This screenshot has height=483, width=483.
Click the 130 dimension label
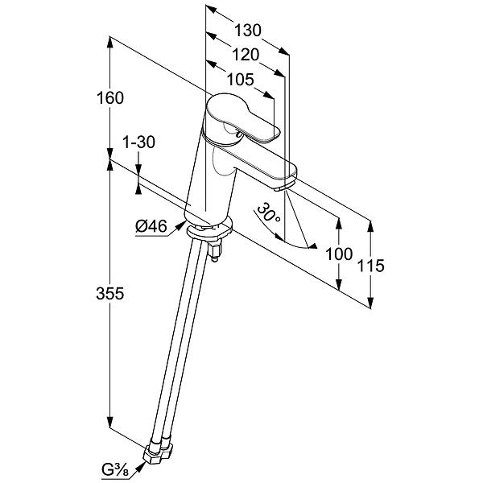coord(248,31)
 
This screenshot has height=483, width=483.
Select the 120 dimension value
coord(246,55)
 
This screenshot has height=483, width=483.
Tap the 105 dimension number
coord(240,80)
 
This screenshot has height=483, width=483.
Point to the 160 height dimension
coord(110,98)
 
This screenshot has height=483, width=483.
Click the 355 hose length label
coord(110,293)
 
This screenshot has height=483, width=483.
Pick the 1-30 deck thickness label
coord(139,142)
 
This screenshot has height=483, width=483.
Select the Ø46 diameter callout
coord(151,226)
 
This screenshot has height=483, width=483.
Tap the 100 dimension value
coord(339,254)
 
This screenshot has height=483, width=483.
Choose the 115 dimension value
coord(370,266)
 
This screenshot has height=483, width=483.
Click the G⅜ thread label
coord(115,471)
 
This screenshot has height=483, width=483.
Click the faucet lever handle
coord(243,118)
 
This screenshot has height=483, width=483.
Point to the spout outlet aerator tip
coord(282,188)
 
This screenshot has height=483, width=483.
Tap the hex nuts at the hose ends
coord(158,452)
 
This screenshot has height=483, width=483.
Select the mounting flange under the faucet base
coord(209,230)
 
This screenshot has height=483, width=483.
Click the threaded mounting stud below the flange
coord(215,251)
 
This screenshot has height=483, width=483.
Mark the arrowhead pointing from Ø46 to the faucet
coord(180,225)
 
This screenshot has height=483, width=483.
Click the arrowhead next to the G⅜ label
coord(140,466)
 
